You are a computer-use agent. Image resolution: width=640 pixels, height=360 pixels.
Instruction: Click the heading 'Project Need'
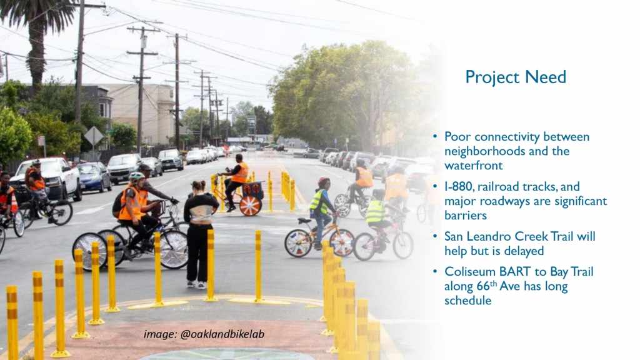(x=516, y=77)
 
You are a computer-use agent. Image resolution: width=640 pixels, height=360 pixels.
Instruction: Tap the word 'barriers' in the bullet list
(x=466, y=215)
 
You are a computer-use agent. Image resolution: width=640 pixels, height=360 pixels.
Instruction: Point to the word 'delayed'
(x=524, y=251)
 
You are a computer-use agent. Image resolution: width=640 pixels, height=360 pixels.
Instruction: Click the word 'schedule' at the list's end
(x=467, y=301)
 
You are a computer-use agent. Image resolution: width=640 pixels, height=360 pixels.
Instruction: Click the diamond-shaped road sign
(x=94, y=136)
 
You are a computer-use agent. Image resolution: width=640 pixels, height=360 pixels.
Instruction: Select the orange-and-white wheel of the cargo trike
(x=250, y=206)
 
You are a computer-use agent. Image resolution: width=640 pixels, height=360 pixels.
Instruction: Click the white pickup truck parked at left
(x=47, y=178)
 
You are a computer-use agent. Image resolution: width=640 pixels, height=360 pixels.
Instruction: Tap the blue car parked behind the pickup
(x=94, y=176)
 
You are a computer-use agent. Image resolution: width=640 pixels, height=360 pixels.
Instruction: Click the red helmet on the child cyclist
(x=324, y=181)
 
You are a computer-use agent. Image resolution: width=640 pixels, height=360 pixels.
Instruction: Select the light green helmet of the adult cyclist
(x=136, y=176)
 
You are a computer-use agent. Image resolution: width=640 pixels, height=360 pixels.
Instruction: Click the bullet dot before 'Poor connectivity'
(x=435, y=136)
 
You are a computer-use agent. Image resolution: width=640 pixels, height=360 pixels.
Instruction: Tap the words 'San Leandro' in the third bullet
(x=478, y=237)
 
